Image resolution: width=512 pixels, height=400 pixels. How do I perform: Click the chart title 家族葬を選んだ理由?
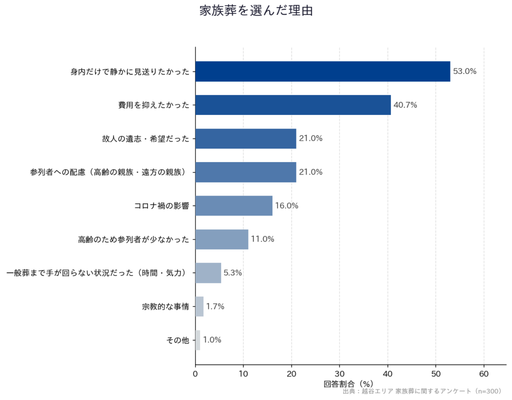[x=256, y=11]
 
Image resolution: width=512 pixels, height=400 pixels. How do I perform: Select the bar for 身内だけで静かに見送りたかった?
[x=322, y=71]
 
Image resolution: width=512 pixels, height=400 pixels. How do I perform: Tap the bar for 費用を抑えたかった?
[x=293, y=105]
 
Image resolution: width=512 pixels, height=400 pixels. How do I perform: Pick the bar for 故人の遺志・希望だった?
[x=245, y=138]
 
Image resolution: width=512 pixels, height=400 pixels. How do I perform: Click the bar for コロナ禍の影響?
[x=234, y=205]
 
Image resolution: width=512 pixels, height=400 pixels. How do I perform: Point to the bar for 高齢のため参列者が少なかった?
[x=221, y=239]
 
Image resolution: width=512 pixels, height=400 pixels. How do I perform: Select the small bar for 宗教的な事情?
[x=199, y=306]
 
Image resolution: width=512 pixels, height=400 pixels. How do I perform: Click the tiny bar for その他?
[x=198, y=340]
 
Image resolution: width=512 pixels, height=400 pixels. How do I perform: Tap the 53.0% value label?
[x=464, y=71]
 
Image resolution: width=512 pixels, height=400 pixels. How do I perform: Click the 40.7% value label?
[x=405, y=105]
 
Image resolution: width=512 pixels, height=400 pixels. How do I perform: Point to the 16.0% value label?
[x=286, y=205]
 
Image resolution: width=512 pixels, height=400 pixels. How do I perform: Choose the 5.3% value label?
[x=232, y=272]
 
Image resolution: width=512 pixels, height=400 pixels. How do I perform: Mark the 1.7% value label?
[x=215, y=306]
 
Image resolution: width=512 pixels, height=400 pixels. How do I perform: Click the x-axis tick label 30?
[x=339, y=374]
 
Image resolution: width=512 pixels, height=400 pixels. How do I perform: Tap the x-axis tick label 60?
[x=484, y=374]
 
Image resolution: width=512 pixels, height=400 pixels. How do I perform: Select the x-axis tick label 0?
[x=195, y=374]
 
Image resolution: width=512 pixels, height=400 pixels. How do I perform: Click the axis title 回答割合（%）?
[x=348, y=384]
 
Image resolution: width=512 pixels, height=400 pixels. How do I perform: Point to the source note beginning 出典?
[x=422, y=391]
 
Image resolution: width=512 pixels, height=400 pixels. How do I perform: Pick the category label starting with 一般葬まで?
[x=97, y=272]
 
